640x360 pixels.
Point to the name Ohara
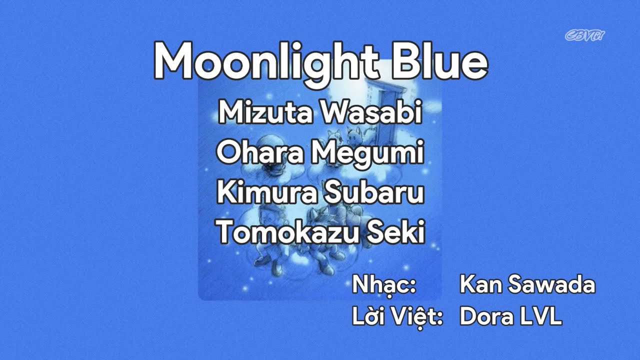tap(260, 153)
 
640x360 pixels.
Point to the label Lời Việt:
tap(397, 317)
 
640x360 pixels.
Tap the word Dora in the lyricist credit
tap(485, 317)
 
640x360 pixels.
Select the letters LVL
tap(542, 317)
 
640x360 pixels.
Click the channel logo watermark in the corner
tap(585, 35)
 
